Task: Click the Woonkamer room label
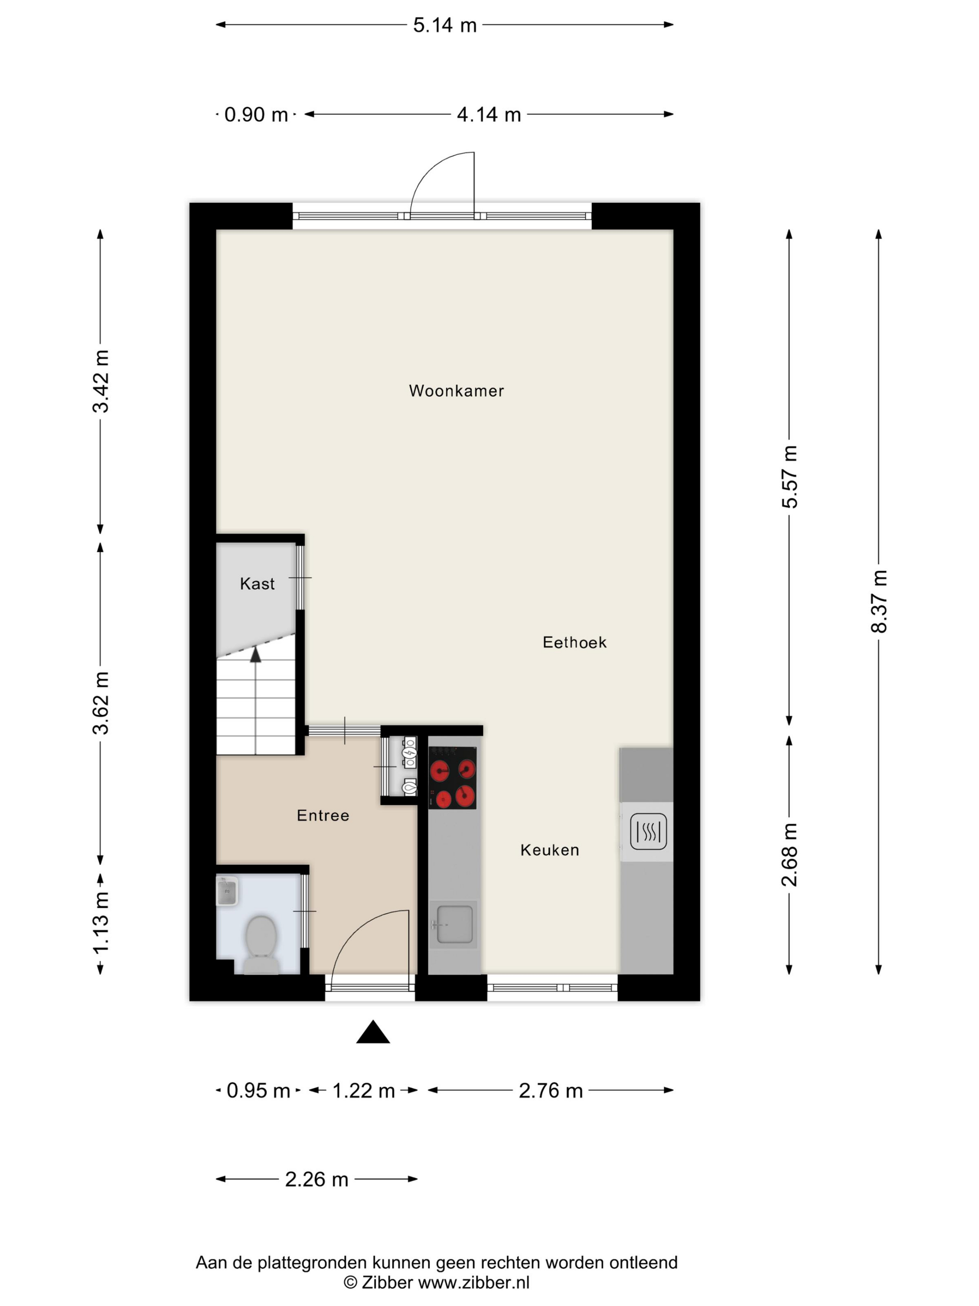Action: click(x=456, y=391)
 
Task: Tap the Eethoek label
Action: click(x=574, y=642)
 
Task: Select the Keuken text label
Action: click(x=549, y=850)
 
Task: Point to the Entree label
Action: click(x=323, y=815)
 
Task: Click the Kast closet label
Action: click(x=257, y=584)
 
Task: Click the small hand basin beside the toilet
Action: click(x=227, y=891)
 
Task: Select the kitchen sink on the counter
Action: click(x=453, y=924)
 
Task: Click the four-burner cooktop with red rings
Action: click(x=453, y=778)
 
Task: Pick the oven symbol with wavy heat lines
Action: click(x=648, y=831)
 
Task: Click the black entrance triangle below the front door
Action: click(x=373, y=1032)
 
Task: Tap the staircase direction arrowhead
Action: click(x=255, y=654)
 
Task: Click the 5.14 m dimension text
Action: click(x=445, y=25)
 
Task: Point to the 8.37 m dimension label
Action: click(x=879, y=601)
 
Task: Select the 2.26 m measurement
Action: click(x=317, y=1180)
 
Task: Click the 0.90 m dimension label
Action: click(x=256, y=115)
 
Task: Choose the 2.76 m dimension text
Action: click(x=551, y=1091)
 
